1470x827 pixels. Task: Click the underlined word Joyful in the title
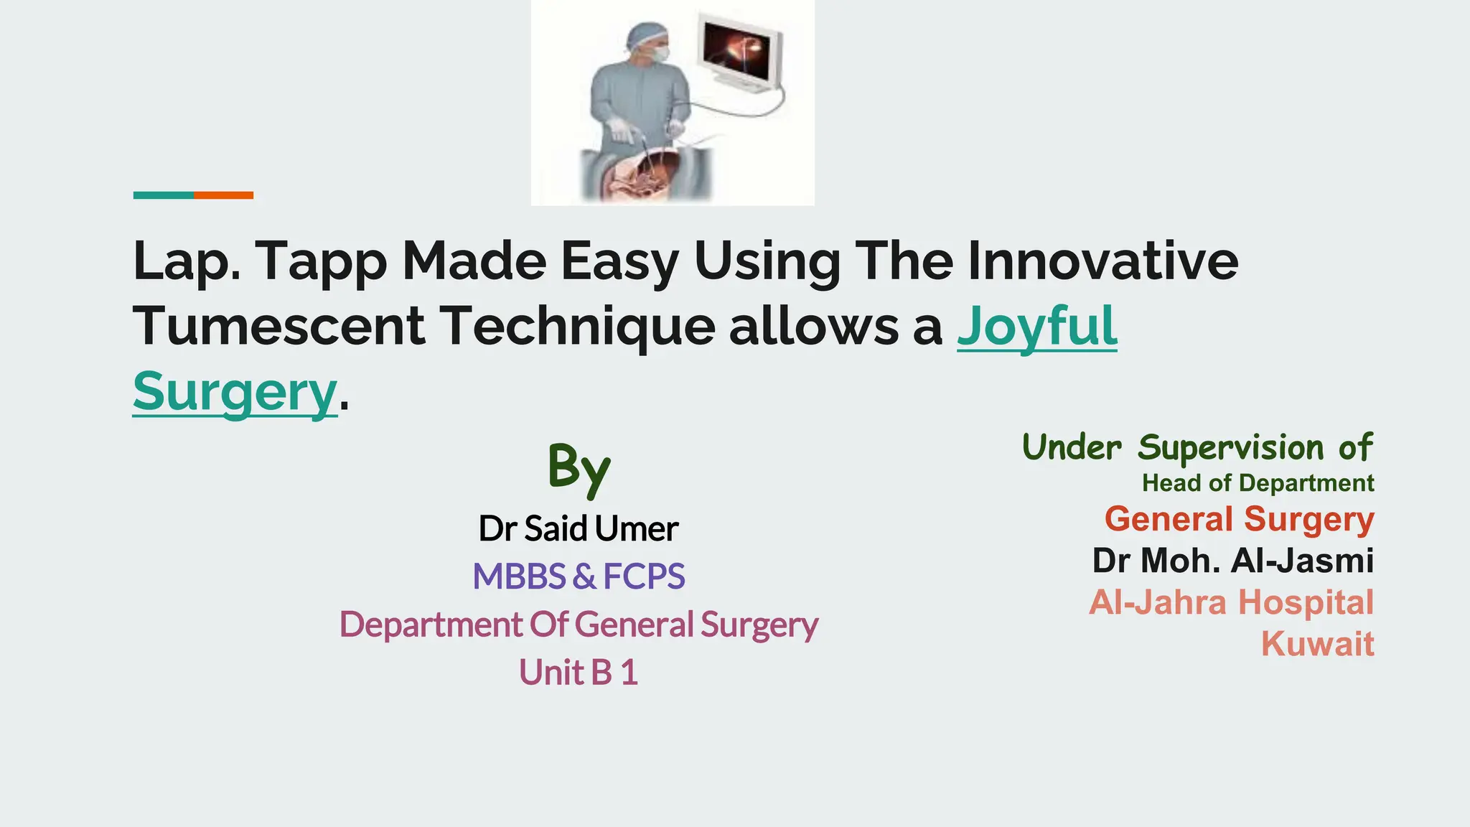pos(1036,327)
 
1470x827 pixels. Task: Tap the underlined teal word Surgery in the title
pos(235,391)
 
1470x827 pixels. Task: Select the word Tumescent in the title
pos(279,327)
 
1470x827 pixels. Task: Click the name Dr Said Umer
pos(579,529)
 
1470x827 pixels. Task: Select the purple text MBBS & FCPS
pos(579,576)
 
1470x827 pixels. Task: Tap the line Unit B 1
pos(579,673)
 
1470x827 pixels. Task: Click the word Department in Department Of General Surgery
pos(431,625)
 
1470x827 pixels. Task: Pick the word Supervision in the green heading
pos(1231,447)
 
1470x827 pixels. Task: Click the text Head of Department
pos(1258,483)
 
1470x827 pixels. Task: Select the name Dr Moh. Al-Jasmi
pos(1232,561)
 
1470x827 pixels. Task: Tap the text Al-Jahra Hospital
pos(1231,602)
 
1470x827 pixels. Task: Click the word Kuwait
pos(1317,644)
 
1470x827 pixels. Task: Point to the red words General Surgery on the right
pos(1239,519)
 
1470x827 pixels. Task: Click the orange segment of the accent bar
pos(223,195)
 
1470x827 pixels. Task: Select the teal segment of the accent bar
pos(163,195)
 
